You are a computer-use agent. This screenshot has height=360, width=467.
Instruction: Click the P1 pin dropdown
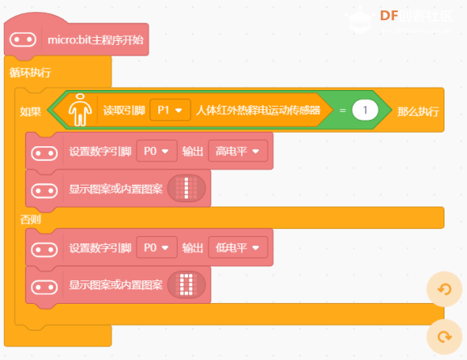[170, 110]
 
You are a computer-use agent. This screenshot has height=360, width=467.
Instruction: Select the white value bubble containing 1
[365, 110]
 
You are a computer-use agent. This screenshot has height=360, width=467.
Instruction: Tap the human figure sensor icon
[80, 109]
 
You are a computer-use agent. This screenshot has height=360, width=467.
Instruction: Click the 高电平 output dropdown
[238, 151]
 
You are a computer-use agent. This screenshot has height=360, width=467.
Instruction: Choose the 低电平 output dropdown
[238, 247]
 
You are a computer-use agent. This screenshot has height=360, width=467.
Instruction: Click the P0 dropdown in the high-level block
[157, 151]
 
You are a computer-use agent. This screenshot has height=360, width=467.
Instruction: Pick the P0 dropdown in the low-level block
[157, 247]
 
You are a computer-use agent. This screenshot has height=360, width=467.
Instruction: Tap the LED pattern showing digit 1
[186, 188]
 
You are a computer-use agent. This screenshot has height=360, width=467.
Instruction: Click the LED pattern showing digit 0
[186, 284]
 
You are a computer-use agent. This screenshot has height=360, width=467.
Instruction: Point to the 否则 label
[31, 219]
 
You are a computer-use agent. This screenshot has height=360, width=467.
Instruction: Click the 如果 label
[31, 112]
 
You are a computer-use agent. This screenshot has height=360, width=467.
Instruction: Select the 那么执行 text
[418, 112]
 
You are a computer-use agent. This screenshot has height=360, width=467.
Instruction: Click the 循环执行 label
[31, 72]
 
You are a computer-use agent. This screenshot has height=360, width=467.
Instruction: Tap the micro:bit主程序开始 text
[96, 40]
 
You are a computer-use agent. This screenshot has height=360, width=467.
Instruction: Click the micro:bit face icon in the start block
[23, 39]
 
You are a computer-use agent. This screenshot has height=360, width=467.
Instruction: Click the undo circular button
[444, 289]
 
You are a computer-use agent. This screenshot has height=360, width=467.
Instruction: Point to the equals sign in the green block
[342, 110]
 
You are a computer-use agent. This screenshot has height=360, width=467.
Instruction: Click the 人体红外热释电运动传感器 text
[258, 110]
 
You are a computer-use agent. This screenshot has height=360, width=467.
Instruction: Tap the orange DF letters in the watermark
[389, 16]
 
